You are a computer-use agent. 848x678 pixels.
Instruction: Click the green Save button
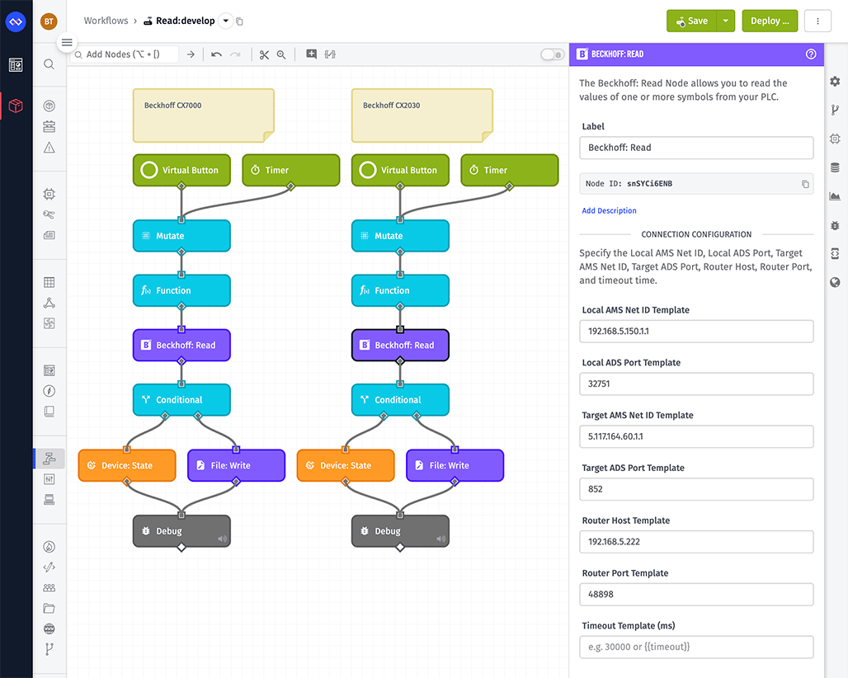point(690,21)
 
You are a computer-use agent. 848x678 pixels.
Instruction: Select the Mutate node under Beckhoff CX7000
point(181,236)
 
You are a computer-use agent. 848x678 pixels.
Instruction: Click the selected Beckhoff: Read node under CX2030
point(400,346)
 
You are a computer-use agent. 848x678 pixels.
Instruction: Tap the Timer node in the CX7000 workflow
point(290,171)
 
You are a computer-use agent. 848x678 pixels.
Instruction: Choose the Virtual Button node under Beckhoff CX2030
point(400,171)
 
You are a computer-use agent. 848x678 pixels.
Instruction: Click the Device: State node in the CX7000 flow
point(127,465)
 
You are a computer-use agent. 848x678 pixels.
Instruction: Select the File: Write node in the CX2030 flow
point(455,465)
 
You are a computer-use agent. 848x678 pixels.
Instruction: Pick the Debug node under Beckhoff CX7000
point(181,531)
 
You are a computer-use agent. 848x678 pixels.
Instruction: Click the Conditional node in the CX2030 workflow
point(400,400)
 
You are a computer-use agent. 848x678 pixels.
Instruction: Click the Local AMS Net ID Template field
point(696,332)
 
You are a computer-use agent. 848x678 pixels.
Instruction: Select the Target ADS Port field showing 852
point(696,489)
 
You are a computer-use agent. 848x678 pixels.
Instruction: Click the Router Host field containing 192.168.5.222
point(696,542)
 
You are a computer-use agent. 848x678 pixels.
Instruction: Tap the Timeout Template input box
point(696,647)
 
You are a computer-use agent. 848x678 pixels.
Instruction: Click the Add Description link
point(609,211)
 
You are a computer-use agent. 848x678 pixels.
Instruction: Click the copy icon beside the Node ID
point(805,184)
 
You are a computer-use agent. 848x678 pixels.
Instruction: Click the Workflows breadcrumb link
point(106,21)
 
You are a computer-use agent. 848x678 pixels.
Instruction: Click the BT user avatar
point(49,21)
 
